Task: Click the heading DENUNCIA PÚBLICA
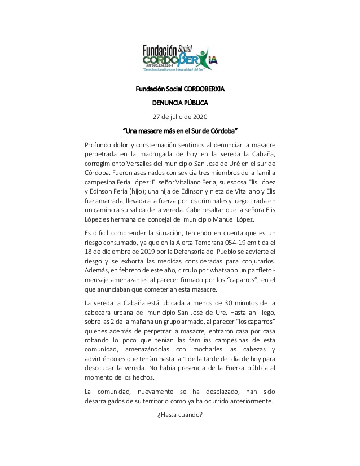pyautogui.click(x=180, y=103)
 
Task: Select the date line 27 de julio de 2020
pyautogui.click(x=180, y=117)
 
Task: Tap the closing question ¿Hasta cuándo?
pyautogui.click(x=179, y=416)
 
